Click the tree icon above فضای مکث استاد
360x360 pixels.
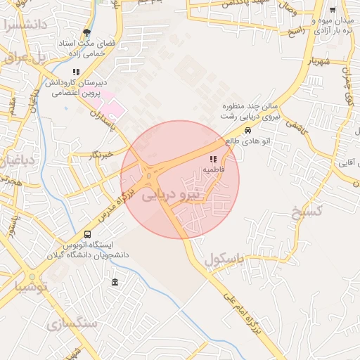coord(86,32)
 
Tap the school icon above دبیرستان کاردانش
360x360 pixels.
coord(76,72)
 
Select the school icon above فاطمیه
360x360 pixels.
coord(213,160)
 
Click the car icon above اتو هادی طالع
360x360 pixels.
coord(247,130)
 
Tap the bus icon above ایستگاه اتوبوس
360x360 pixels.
coord(88,234)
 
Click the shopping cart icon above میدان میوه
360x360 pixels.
coord(332,11)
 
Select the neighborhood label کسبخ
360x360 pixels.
coord(307,211)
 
